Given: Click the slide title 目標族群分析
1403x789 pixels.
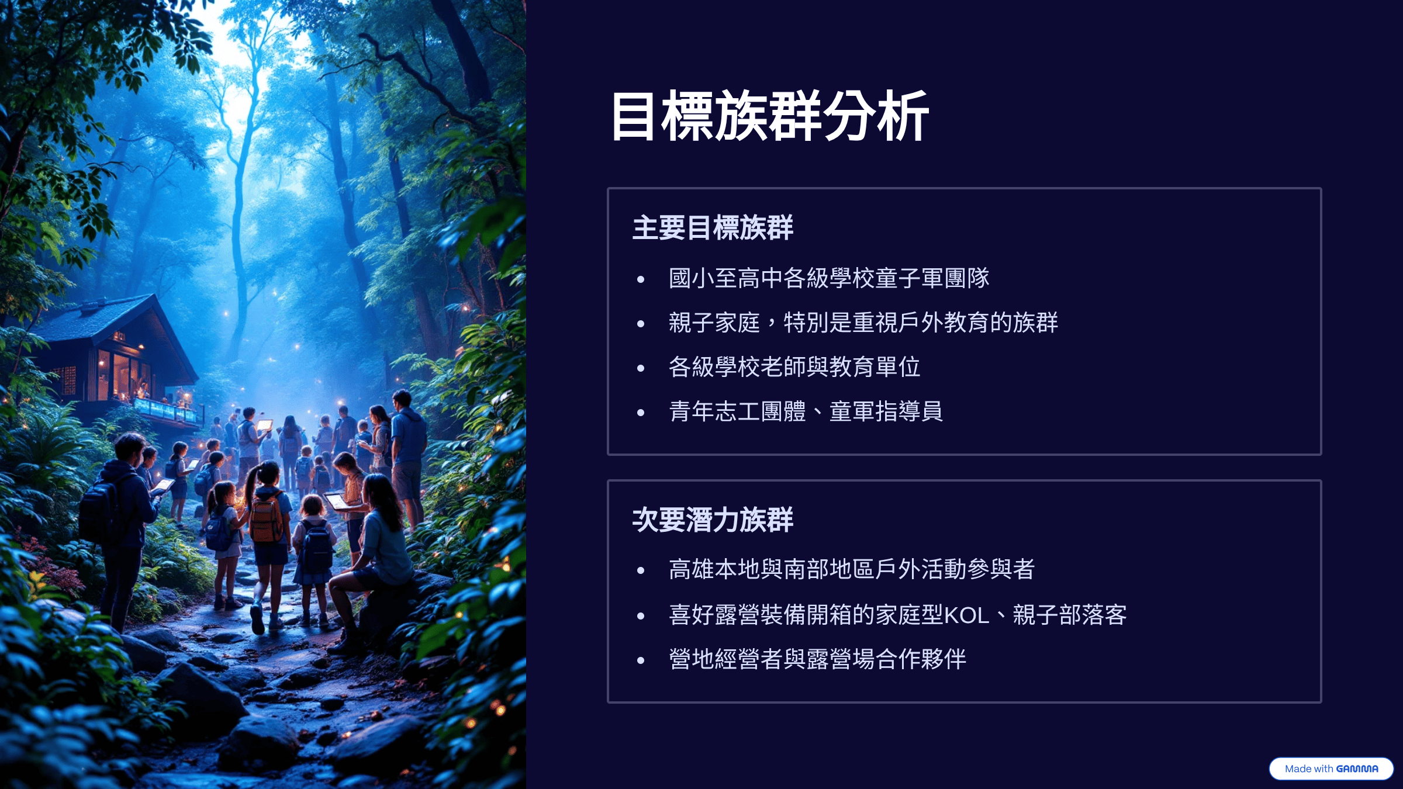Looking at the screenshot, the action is click(x=770, y=116).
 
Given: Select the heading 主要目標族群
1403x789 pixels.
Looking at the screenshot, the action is click(x=713, y=227).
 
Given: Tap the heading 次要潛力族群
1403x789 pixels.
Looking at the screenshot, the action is click(x=713, y=520).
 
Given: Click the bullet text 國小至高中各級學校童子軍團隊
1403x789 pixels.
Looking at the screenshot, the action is click(x=829, y=278).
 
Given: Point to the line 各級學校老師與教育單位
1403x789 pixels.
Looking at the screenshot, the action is click(x=794, y=367).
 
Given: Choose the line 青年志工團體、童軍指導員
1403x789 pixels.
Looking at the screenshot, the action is click(x=806, y=411).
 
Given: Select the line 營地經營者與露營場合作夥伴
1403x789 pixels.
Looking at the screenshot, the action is click(x=817, y=659).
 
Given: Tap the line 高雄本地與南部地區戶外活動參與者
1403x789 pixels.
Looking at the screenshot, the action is click(x=852, y=569).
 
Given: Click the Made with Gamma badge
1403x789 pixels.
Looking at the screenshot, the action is click(x=1331, y=769).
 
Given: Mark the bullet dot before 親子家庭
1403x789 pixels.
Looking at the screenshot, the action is click(x=641, y=324).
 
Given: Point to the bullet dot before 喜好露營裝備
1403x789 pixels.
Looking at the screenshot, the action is click(x=641, y=616).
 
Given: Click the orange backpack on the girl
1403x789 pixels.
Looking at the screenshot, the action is click(x=267, y=518).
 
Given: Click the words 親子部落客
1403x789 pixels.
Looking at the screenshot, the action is click(x=1070, y=615).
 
